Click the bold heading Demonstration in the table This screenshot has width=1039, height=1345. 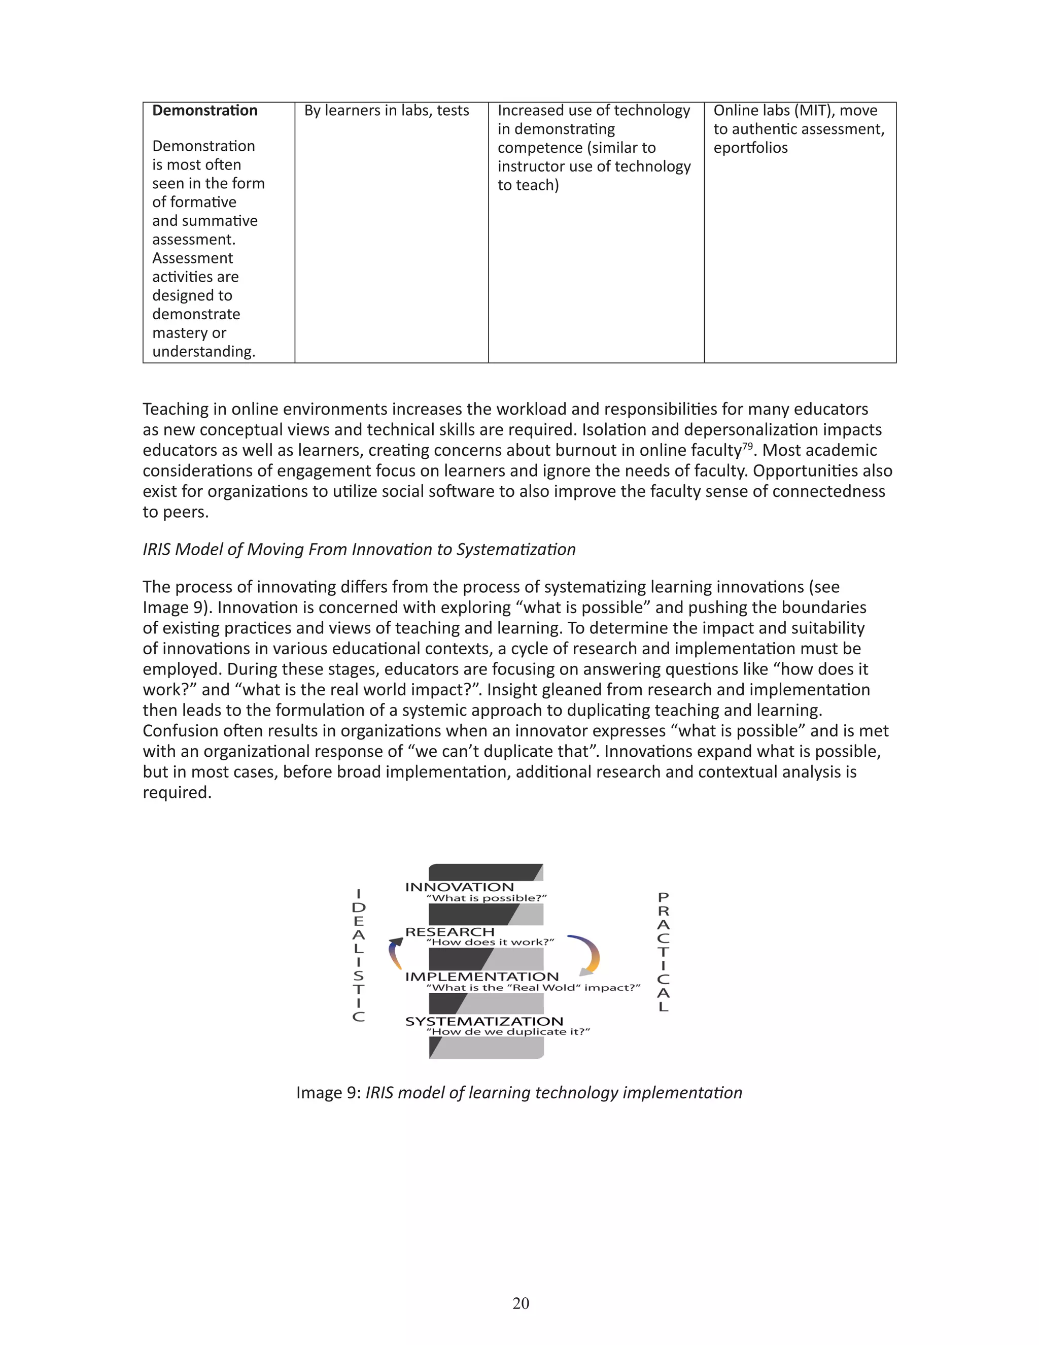pyautogui.click(x=204, y=111)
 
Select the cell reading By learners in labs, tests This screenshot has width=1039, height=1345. pyautogui.click(x=386, y=111)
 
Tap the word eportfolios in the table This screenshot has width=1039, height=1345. pyautogui.click(x=750, y=148)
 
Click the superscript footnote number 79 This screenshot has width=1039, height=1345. pyautogui.click(x=747, y=446)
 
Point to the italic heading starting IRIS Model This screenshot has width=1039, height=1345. pyautogui.click(x=359, y=549)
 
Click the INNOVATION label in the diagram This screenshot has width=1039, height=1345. pyautogui.click(x=459, y=887)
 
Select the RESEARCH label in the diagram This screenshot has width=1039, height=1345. pyautogui.click(x=449, y=932)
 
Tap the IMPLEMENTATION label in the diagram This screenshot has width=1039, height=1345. pyautogui.click(x=481, y=977)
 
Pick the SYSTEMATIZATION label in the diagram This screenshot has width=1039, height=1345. pyautogui.click(x=484, y=1021)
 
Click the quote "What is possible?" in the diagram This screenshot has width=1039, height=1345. pyautogui.click(x=486, y=898)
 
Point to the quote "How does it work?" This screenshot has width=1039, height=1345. pyautogui.click(x=490, y=942)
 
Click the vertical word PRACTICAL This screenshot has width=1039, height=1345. pyautogui.click(x=663, y=952)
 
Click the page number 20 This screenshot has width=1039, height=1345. pyautogui.click(x=520, y=1303)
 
